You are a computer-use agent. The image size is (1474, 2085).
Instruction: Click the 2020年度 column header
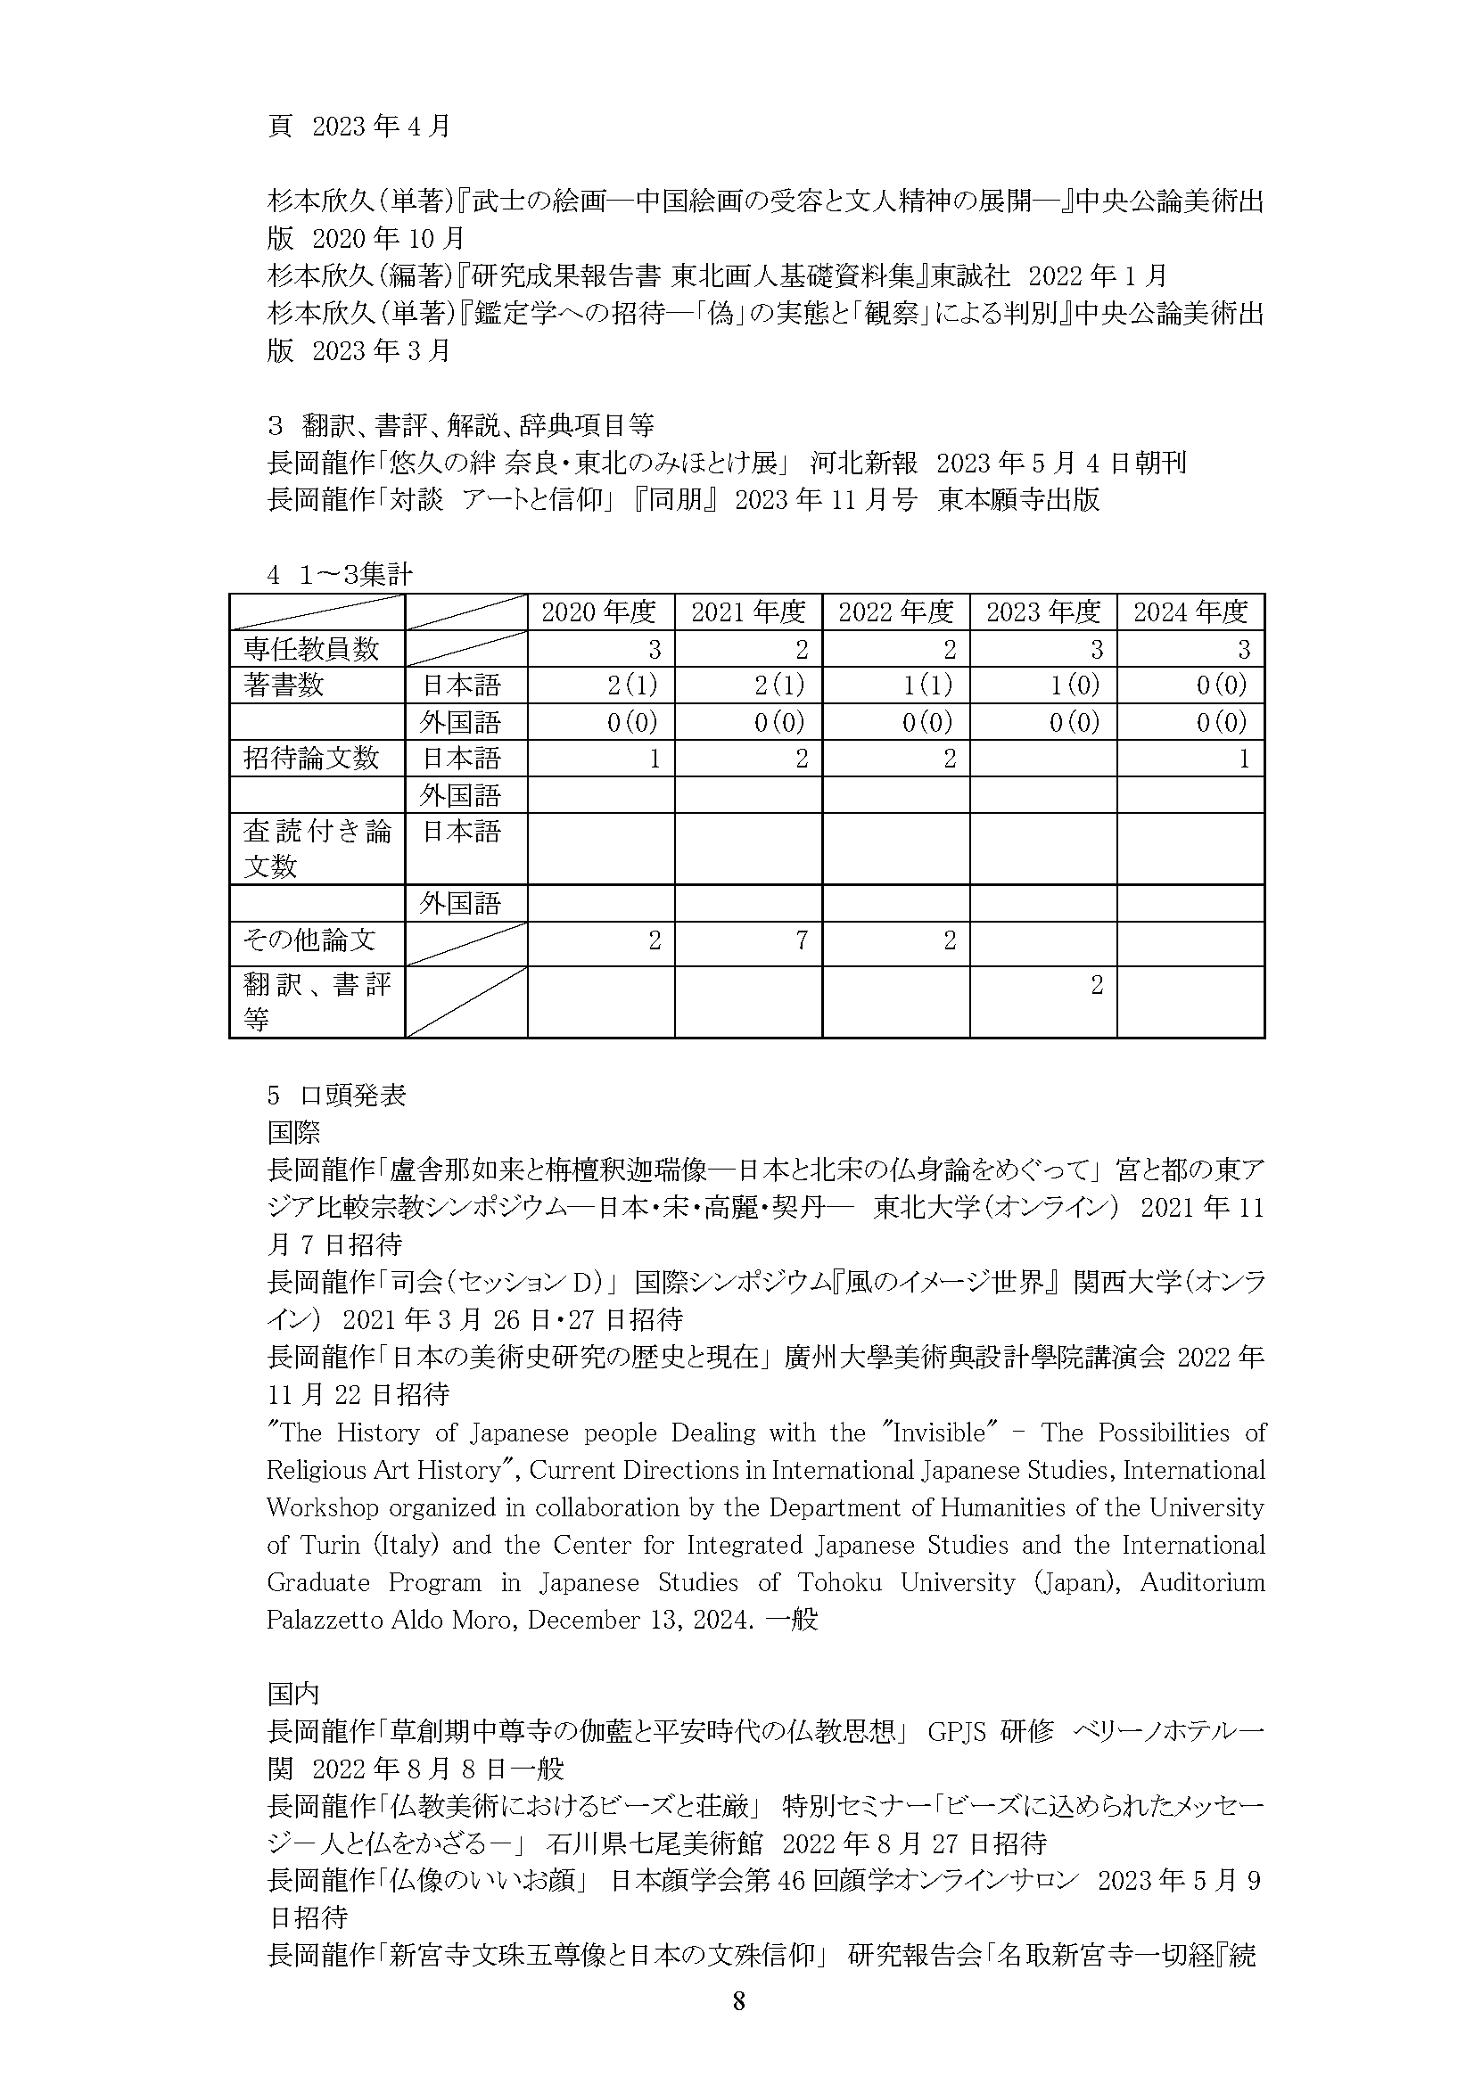(598, 612)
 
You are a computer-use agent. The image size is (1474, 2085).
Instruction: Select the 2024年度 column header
(1190, 612)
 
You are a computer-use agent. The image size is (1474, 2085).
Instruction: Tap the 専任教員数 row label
(310, 649)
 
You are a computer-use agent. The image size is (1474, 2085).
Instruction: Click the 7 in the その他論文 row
(801, 940)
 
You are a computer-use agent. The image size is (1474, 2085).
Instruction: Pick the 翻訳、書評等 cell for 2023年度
(1096, 985)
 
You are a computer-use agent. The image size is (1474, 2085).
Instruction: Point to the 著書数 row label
(284, 685)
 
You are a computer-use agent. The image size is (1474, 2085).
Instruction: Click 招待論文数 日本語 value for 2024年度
(1243, 759)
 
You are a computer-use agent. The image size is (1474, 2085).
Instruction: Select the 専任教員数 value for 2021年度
(801, 649)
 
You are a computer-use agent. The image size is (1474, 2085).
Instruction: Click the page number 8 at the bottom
(738, 2026)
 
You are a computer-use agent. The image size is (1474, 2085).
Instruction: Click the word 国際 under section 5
(293, 1132)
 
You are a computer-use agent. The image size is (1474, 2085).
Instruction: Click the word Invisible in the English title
(939, 1432)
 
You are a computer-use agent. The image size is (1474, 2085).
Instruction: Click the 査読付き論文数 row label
(316, 848)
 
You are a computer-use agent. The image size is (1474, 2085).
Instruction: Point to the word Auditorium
(1202, 1582)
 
